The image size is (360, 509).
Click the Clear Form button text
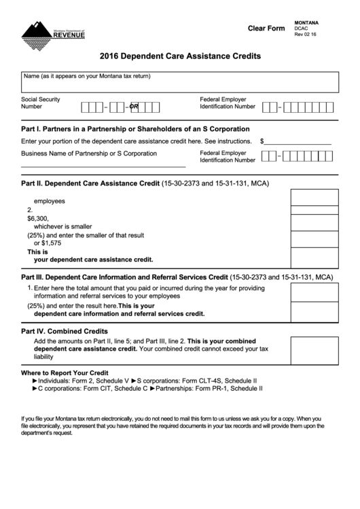tap(266, 28)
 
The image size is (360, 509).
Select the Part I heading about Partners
tap(136, 128)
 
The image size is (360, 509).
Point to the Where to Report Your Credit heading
tap(65, 373)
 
